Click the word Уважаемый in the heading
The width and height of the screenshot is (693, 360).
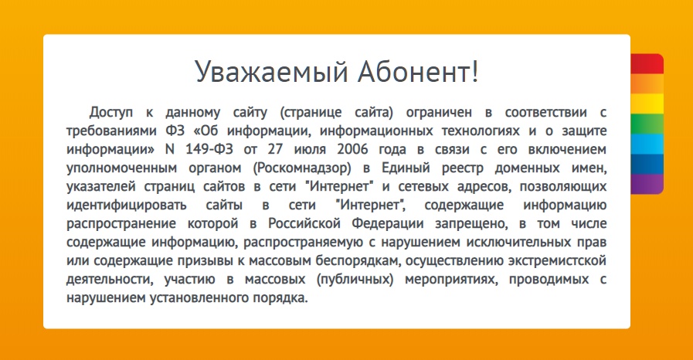[x=271, y=72]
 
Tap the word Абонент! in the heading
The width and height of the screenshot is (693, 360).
[x=418, y=72]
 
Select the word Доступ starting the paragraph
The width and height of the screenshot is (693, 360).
[x=110, y=113]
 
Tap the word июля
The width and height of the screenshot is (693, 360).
[x=310, y=150]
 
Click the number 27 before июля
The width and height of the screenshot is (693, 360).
[x=275, y=149]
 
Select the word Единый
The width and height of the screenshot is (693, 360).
[x=406, y=168]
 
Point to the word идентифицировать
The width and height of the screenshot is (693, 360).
[x=127, y=205]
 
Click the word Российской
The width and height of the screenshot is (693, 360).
[x=304, y=223]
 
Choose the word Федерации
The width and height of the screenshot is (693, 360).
[x=388, y=224]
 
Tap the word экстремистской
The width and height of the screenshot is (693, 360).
[x=557, y=260]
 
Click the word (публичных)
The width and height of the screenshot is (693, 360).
[x=355, y=280]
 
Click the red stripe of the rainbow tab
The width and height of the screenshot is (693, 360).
[x=647, y=63]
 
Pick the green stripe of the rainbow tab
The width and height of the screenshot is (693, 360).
[x=647, y=124]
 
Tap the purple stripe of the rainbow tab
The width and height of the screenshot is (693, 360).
[x=647, y=184]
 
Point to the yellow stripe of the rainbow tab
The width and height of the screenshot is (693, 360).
[x=647, y=104]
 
